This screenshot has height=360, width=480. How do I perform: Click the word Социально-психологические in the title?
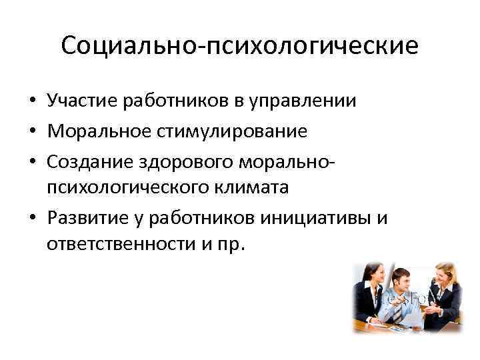pos(239,47)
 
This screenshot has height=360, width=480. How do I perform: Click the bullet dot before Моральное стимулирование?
pos(32,131)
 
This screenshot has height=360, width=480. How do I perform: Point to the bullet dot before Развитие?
pos(32,217)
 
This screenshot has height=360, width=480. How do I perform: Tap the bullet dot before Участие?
pos(32,102)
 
